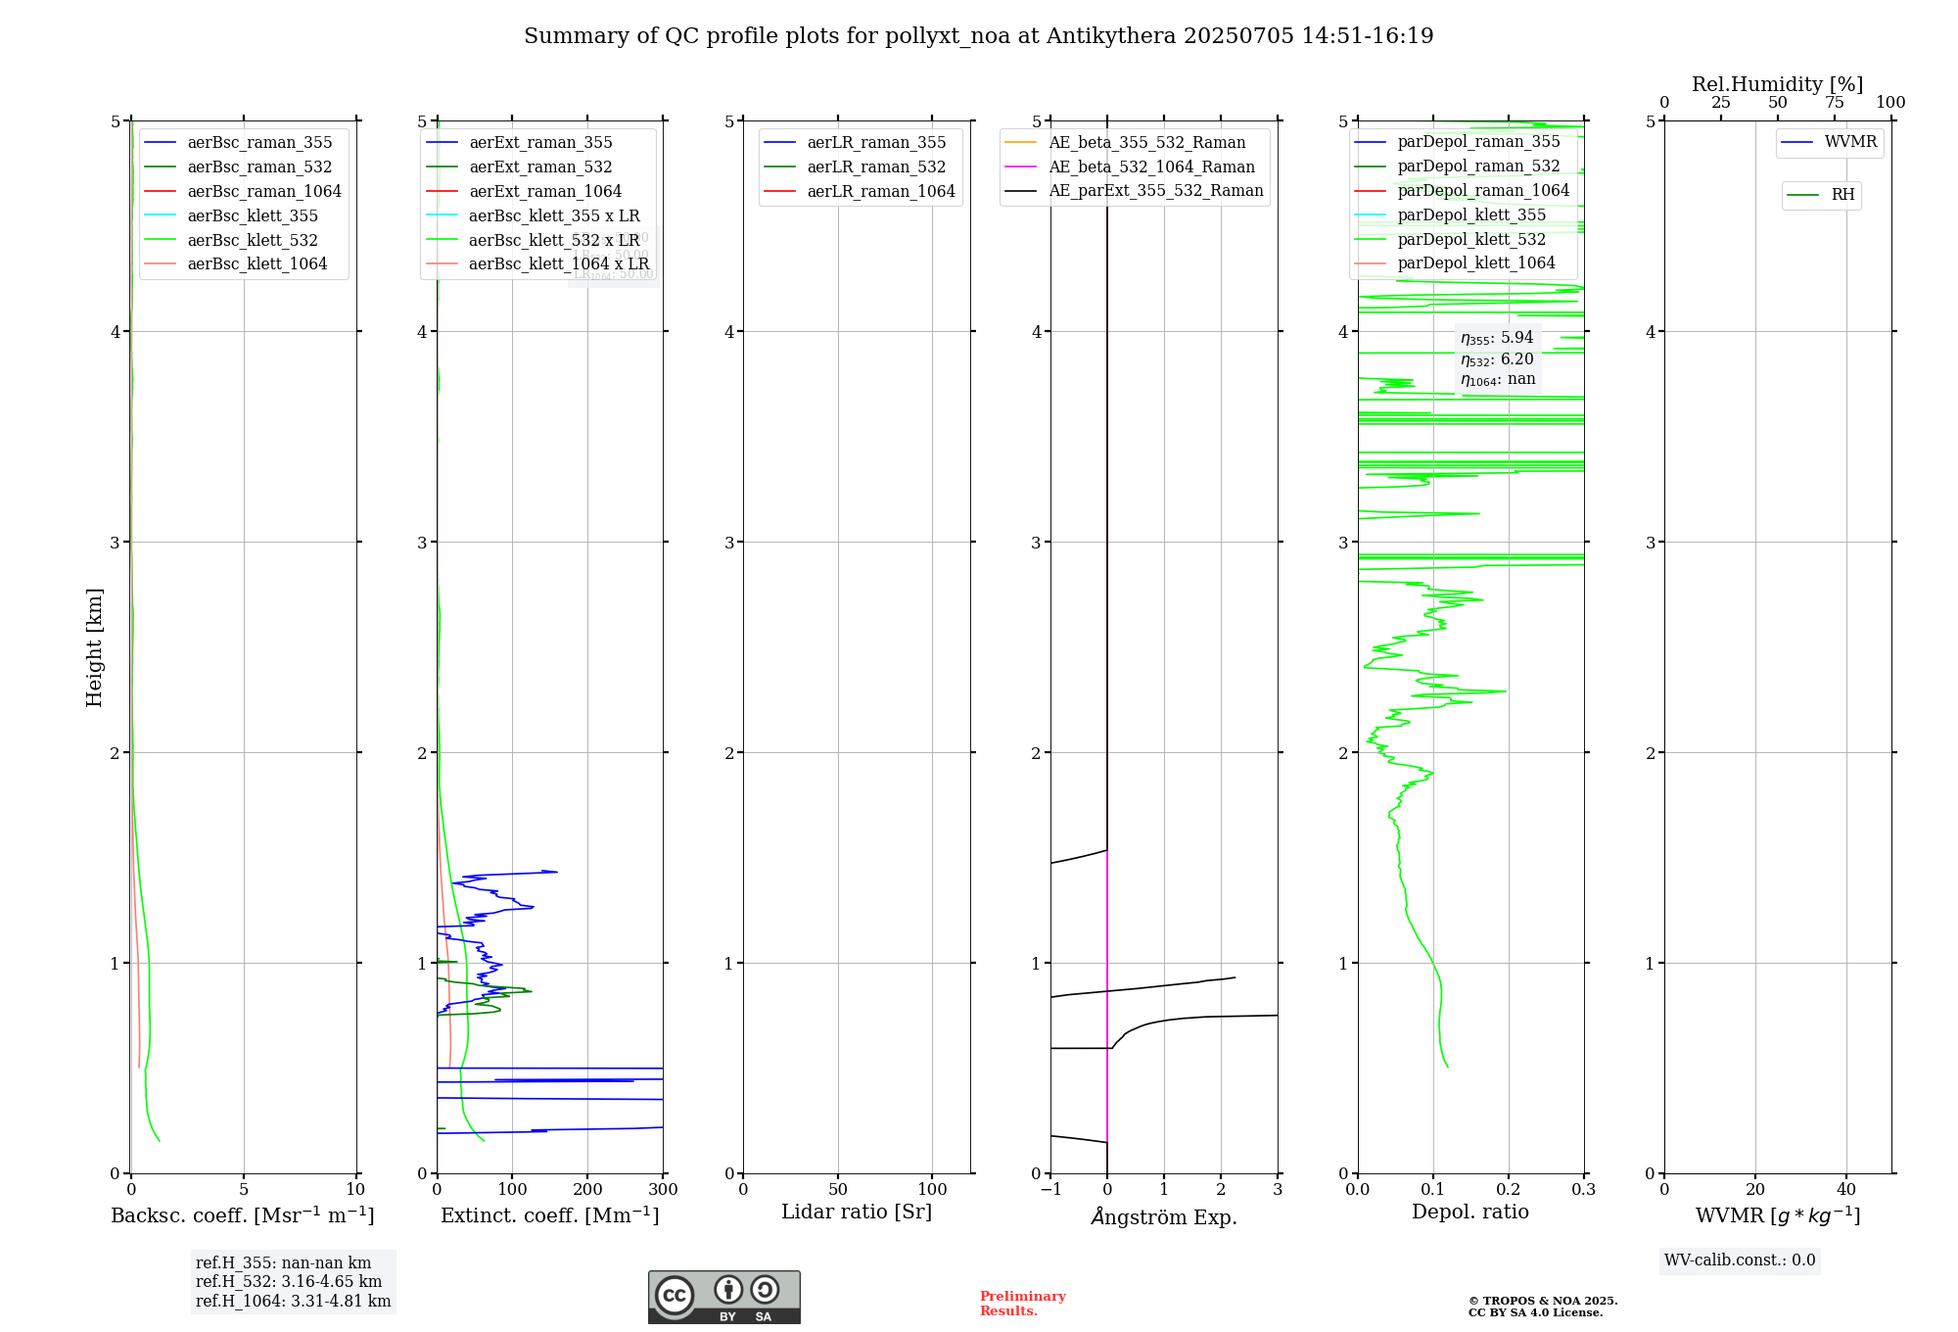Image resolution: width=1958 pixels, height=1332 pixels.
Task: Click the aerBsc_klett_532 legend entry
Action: click(x=252, y=240)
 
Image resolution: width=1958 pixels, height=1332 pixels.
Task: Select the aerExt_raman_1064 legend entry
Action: click(x=544, y=191)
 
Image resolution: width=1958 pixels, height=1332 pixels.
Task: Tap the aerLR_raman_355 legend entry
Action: click(x=875, y=143)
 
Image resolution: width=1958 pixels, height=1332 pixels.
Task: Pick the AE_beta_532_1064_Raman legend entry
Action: click(x=1151, y=166)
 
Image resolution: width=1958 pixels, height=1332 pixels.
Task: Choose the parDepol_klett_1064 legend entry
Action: click(x=1475, y=262)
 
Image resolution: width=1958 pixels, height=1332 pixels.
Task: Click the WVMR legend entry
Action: click(x=1849, y=142)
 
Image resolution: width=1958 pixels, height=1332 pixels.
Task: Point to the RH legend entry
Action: click(x=1841, y=195)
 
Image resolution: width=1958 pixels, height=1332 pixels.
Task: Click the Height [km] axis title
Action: click(x=94, y=647)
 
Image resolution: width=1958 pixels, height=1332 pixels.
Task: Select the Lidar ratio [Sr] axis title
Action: click(x=857, y=1212)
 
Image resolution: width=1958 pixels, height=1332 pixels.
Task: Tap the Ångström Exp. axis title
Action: click(x=1164, y=1216)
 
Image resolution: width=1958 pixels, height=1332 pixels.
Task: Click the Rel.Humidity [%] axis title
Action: click(x=1777, y=84)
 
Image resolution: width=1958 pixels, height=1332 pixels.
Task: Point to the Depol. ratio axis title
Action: click(x=1469, y=1212)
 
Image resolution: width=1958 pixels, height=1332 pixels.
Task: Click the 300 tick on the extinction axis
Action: click(x=663, y=1190)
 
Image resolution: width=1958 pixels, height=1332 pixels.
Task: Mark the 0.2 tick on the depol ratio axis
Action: click(x=1509, y=1190)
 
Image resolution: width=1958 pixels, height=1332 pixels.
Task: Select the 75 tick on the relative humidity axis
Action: click(x=1834, y=103)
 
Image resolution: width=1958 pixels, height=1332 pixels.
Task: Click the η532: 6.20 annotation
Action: click(x=1497, y=359)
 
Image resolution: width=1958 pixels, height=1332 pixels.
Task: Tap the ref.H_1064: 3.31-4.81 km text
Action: click(x=293, y=1301)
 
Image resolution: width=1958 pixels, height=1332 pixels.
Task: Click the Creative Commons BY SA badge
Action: click(x=723, y=1298)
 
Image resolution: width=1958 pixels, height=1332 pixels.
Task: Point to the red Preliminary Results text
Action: click(x=1022, y=1304)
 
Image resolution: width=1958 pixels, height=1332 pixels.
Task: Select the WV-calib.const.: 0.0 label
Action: click(x=1740, y=1261)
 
